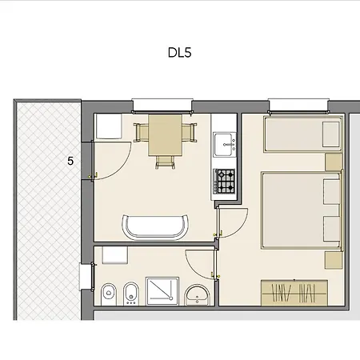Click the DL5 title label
(x=180, y=54)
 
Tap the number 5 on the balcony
(x=70, y=161)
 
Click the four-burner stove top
(x=225, y=182)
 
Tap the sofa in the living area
(x=157, y=226)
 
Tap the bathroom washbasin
(x=197, y=295)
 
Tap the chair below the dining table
(x=166, y=159)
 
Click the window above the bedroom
(x=298, y=102)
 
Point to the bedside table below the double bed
(x=330, y=260)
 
